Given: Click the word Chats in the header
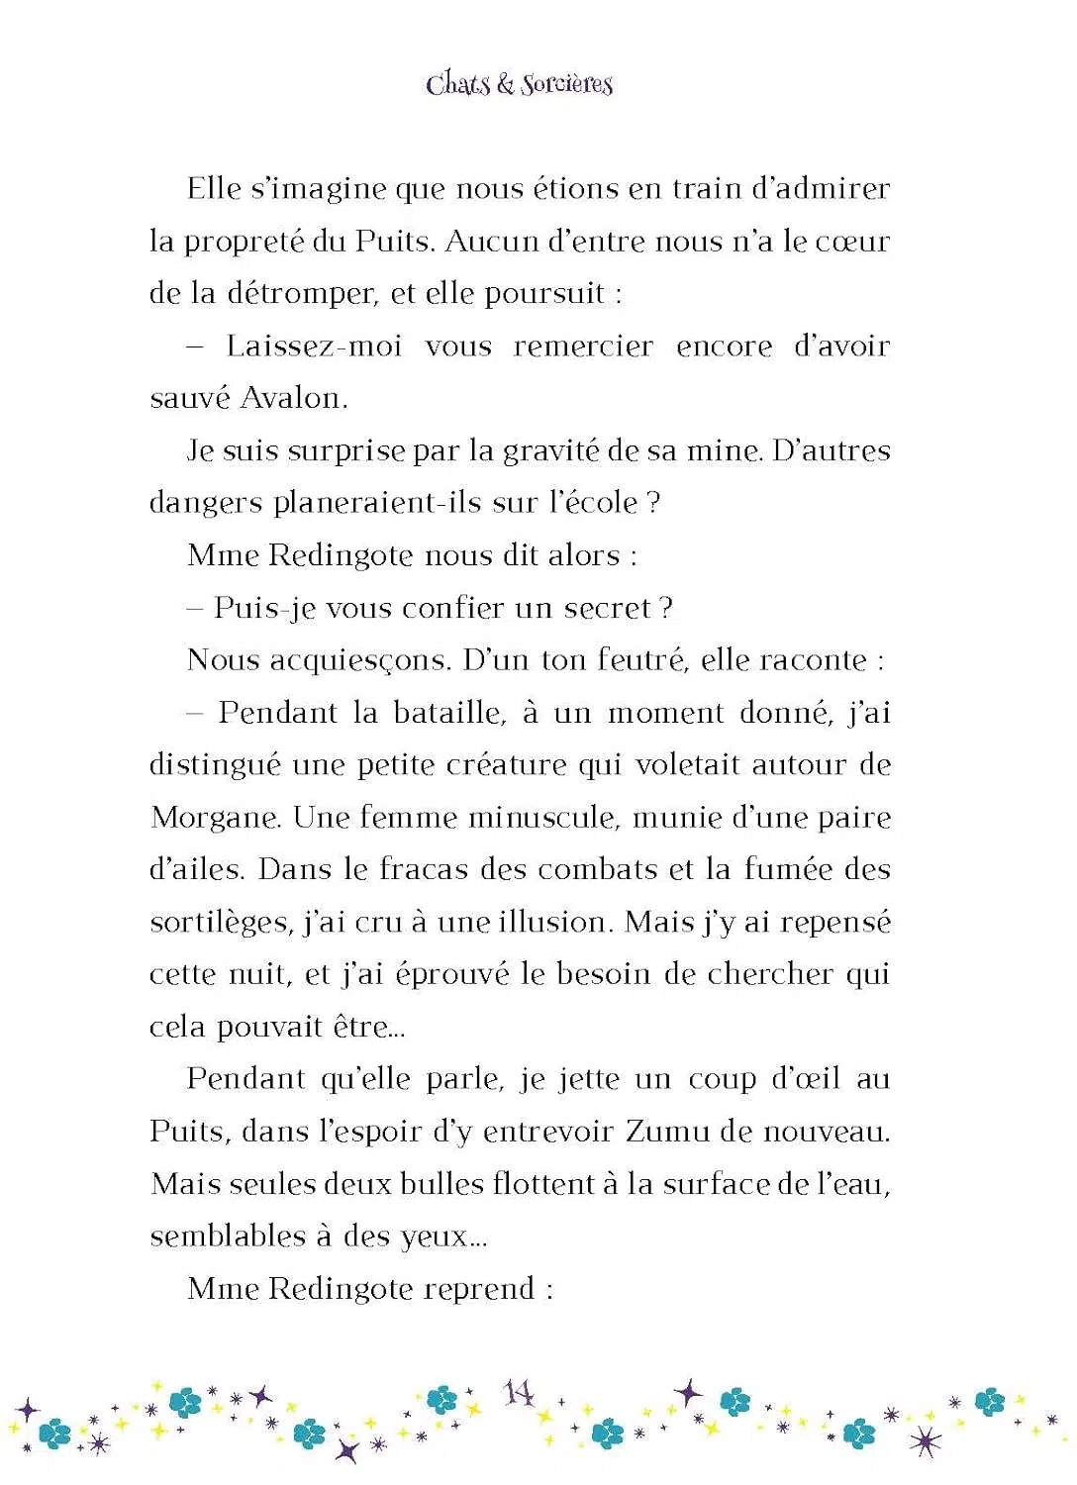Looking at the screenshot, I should (x=458, y=84).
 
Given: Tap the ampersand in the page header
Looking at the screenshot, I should (x=505, y=85).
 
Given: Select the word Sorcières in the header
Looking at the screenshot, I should (x=567, y=84).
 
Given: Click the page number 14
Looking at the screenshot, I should (x=519, y=1394).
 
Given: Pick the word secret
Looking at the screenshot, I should (x=608, y=608).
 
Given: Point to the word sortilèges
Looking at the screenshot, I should (x=220, y=924).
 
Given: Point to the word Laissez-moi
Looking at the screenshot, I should (x=314, y=346).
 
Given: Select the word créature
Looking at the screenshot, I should (x=519, y=765).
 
